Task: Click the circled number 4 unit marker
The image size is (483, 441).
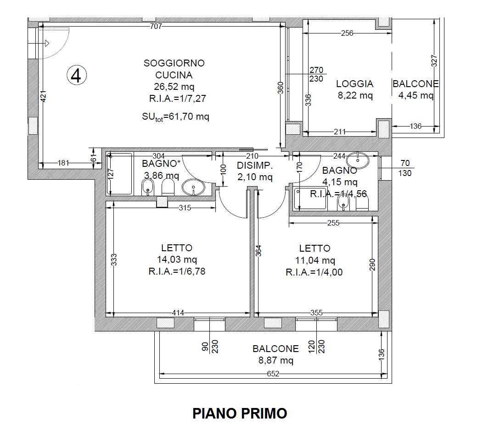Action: coord(77,75)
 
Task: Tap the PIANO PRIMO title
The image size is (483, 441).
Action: coord(240,413)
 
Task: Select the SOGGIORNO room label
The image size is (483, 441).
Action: coord(174,63)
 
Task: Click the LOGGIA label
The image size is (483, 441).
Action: coord(354,83)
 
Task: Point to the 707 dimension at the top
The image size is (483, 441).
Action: coord(156,27)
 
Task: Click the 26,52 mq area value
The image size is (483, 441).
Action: coord(174,87)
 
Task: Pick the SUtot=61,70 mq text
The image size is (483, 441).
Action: coord(175,117)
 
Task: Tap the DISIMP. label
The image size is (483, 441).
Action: coord(255,165)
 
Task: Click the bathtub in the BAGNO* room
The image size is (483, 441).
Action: coord(120,173)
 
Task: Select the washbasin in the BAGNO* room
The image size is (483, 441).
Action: coord(193,187)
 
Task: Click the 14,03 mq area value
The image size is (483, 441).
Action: coord(177,259)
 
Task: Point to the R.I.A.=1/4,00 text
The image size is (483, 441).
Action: coord(314,272)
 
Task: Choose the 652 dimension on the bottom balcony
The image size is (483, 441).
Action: coord(273,374)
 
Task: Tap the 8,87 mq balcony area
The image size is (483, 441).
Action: coord(275,360)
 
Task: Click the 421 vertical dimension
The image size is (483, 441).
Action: coord(44,96)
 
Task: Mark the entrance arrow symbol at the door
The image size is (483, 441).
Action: coord(47,44)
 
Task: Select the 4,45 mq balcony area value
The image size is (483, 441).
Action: coord(416,95)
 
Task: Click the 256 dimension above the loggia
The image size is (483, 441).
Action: coord(347,33)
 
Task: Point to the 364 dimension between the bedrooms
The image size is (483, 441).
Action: coord(258,251)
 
